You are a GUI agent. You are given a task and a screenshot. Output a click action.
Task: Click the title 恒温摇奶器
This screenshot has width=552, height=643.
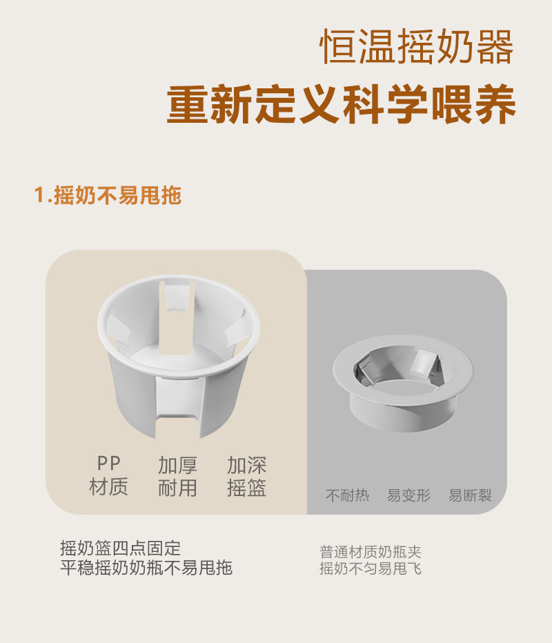pyautogui.click(x=417, y=48)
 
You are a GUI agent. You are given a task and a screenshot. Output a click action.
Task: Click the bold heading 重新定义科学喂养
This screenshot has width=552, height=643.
pyautogui.click(x=342, y=106)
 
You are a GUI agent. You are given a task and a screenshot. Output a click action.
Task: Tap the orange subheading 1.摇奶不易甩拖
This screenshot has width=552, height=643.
pyautogui.click(x=108, y=195)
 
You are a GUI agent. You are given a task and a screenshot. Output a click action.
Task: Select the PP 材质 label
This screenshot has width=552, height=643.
pyautogui.click(x=109, y=476)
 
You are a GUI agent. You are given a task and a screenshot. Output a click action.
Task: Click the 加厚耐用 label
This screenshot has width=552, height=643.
pyautogui.click(x=177, y=476)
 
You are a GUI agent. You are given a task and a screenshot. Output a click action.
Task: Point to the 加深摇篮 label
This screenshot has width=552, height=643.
pyautogui.click(x=246, y=476)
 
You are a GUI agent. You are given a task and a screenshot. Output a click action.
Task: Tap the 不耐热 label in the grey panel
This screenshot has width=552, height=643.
pyautogui.click(x=347, y=495)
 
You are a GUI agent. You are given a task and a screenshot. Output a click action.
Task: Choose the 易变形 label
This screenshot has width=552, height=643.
pyautogui.click(x=408, y=495)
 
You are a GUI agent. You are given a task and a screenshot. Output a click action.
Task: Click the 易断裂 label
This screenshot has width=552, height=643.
pyautogui.click(x=470, y=495)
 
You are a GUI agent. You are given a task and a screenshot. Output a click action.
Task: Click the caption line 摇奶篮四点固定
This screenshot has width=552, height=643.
pyautogui.click(x=121, y=548)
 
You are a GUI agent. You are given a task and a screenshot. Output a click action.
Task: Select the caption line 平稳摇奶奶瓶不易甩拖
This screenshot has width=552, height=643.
pyautogui.click(x=146, y=568)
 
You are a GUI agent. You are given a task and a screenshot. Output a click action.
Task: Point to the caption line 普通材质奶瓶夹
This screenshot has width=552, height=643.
pyautogui.click(x=370, y=552)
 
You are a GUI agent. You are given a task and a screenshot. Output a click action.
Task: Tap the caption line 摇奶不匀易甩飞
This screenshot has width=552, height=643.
pyautogui.click(x=370, y=568)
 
